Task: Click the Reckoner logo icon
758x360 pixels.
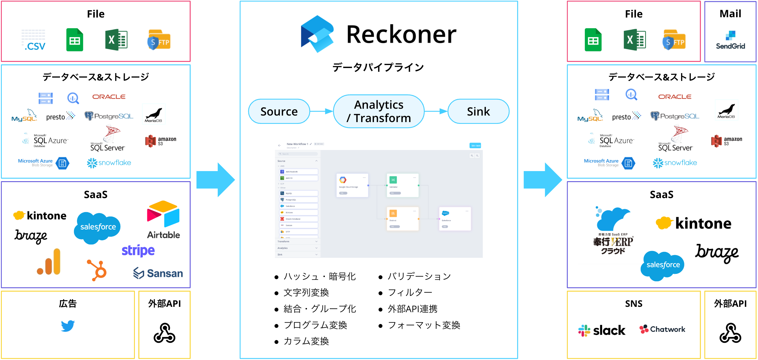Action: (317, 34)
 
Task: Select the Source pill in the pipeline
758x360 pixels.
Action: (279, 111)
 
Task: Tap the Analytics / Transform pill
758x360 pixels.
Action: (379, 111)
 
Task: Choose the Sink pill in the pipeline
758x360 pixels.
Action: (478, 111)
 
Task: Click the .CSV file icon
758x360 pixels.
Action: (34, 40)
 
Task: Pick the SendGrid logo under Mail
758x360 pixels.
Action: (730, 40)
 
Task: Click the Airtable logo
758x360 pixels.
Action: (163, 220)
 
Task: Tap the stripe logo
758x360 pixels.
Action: (138, 250)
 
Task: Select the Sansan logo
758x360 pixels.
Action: (158, 273)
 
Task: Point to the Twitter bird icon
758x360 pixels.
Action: (68, 326)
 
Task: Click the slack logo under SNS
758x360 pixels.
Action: (602, 330)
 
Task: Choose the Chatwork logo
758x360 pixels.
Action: (662, 329)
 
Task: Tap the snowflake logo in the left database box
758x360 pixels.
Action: (109, 163)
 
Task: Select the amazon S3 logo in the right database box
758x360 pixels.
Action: (727, 141)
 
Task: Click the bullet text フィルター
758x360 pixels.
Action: (410, 293)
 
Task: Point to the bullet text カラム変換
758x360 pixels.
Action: (306, 341)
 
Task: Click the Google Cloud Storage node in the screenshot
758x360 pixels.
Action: (352, 185)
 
